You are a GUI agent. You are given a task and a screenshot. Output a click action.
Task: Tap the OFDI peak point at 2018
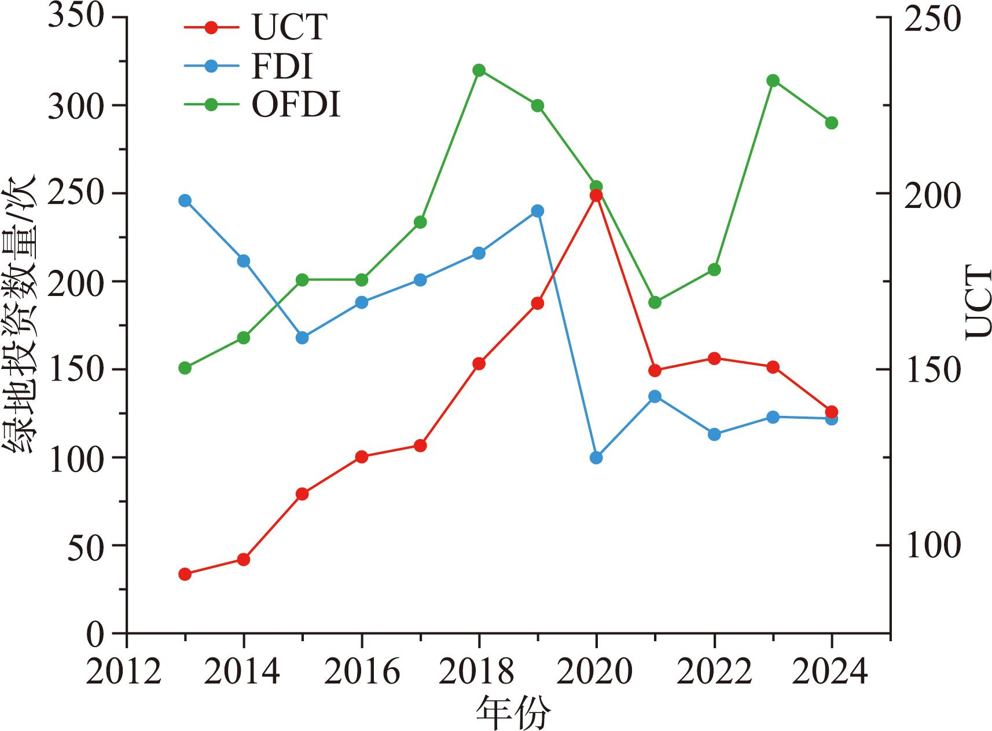pyautogui.click(x=479, y=70)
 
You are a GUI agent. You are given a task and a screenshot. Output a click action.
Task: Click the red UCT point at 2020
pyautogui.click(x=596, y=195)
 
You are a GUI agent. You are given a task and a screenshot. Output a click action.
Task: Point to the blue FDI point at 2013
pyautogui.click(x=185, y=200)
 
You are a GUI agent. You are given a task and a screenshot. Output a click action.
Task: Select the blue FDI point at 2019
pyautogui.click(x=537, y=211)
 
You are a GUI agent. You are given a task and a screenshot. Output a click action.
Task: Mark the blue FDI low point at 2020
pyautogui.click(x=596, y=458)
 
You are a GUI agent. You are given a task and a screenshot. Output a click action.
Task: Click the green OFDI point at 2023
pyautogui.click(x=773, y=81)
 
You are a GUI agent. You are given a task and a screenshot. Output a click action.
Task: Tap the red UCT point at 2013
pyautogui.click(x=185, y=574)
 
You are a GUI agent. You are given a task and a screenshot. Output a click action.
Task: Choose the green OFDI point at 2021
pyautogui.click(x=655, y=302)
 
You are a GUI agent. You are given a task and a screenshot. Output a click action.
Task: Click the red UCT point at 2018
pyautogui.click(x=479, y=364)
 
